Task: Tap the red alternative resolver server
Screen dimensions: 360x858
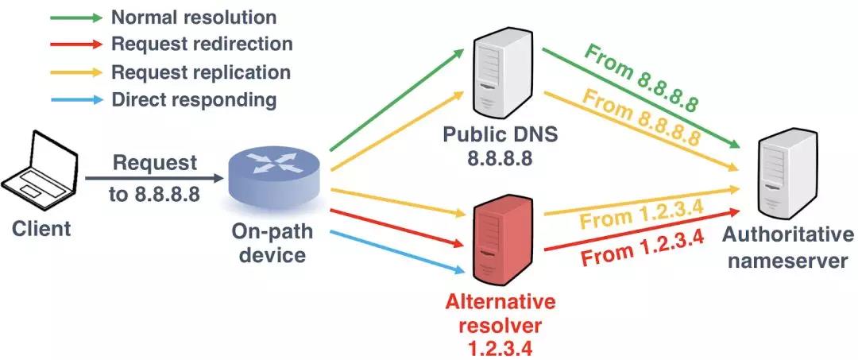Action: (x=499, y=243)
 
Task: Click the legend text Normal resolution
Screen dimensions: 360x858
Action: (x=194, y=17)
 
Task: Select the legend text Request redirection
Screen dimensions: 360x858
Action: (x=202, y=45)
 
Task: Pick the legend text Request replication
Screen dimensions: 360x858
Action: (x=201, y=72)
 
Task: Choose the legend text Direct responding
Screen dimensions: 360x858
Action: (x=194, y=100)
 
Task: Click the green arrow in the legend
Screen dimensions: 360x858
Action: (x=75, y=17)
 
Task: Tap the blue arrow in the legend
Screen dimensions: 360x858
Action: (x=75, y=100)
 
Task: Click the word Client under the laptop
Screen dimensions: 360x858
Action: (x=41, y=229)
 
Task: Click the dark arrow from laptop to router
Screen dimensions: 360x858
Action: (x=151, y=179)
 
